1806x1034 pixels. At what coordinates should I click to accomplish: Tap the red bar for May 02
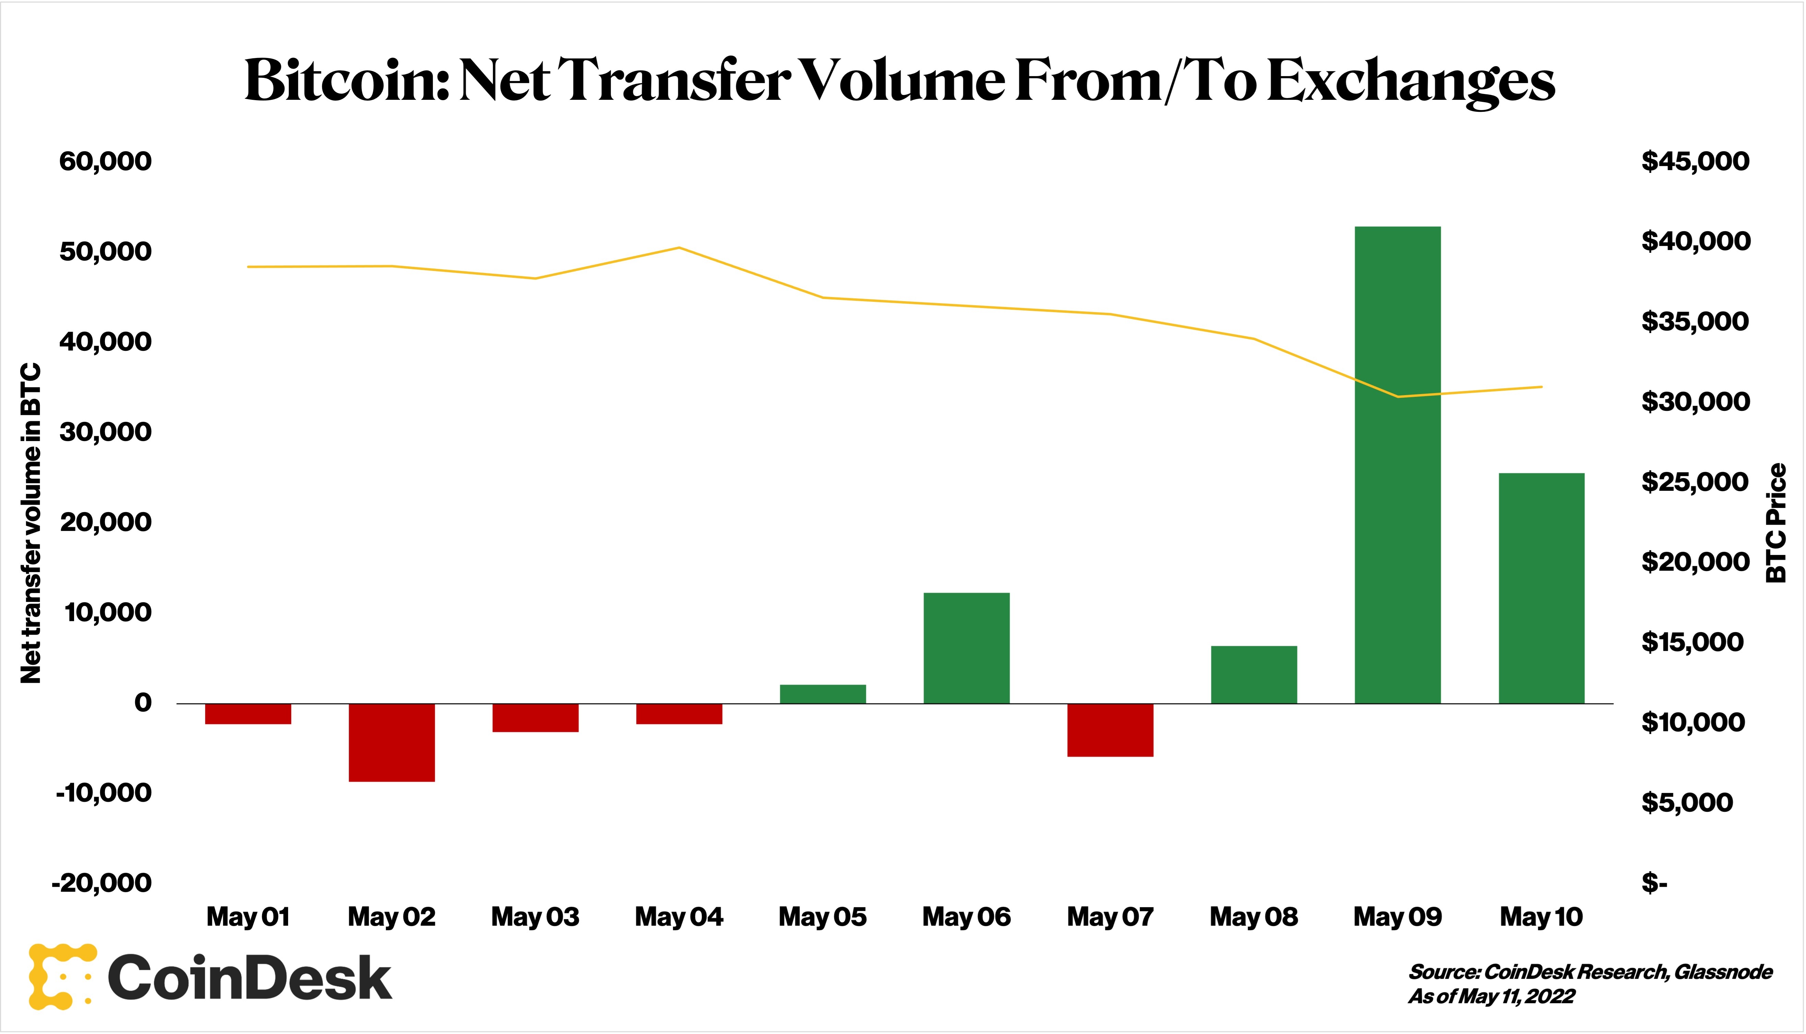(391, 742)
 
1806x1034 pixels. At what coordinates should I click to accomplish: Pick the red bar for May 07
(1110, 730)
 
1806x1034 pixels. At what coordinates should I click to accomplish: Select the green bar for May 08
(1253, 675)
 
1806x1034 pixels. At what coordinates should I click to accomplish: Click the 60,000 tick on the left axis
(105, 161)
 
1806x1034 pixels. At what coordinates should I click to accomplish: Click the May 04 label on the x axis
(679, 917)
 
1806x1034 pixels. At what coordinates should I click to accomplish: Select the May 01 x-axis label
(248, 917)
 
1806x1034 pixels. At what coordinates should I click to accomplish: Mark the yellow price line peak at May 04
(679, 248)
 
